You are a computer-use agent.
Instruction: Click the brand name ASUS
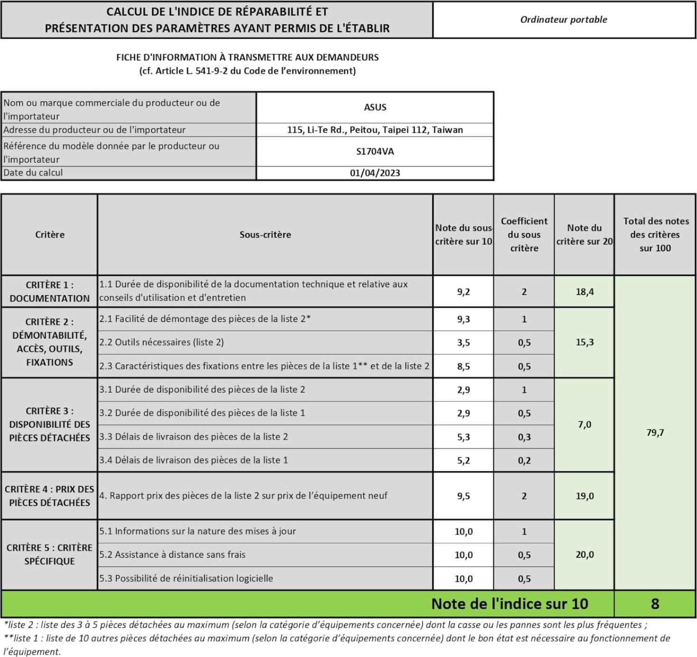375,107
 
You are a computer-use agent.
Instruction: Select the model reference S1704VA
375,152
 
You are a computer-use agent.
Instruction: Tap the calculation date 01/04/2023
375,173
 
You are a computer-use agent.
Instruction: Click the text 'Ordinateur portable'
564,19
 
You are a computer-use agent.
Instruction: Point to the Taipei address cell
375,130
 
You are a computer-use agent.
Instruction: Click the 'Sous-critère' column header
265,234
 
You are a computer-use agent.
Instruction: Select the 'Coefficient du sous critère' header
524,234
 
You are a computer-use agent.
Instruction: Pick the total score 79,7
655,432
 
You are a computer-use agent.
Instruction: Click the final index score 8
655,603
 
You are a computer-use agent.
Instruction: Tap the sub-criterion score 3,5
463,342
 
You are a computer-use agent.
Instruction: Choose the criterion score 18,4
584,292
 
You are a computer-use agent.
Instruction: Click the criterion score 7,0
584,425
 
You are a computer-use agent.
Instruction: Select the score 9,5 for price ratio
463,496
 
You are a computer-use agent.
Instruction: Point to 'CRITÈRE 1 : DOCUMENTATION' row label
49,292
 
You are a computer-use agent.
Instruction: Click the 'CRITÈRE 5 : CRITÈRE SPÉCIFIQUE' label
49,554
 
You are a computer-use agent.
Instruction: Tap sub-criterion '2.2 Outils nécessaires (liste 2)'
161,342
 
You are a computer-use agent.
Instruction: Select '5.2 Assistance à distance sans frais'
172,554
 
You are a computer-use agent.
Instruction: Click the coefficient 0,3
524,437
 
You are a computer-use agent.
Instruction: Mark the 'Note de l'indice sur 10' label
509,603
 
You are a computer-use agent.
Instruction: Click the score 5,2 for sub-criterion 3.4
463,460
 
